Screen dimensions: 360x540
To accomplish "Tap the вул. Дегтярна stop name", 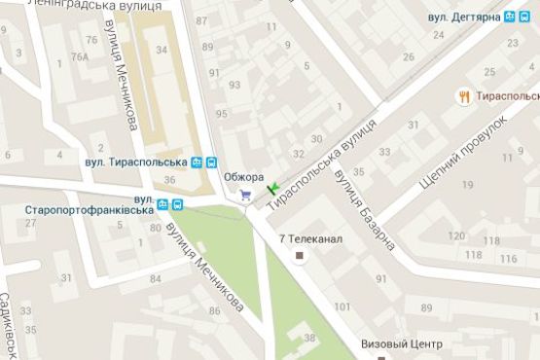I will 464,17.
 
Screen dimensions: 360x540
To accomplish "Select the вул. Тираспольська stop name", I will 136,162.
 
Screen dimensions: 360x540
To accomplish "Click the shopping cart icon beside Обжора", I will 245,194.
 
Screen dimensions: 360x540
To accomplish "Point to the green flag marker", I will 273,186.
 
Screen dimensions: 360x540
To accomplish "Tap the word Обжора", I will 243,176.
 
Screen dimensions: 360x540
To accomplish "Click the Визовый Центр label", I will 401,344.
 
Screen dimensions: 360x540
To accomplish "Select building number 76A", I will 80,56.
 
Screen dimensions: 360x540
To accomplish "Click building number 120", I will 455,237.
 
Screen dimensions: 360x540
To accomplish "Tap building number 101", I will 342,307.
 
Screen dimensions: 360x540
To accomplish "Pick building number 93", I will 234,85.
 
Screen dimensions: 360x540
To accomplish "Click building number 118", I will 474,255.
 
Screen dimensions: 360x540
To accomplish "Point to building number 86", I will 213,311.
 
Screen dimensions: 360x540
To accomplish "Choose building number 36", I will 170,180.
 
